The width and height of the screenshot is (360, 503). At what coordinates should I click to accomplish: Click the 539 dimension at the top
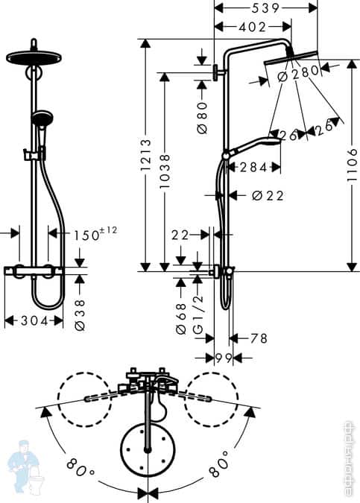pos(266,7)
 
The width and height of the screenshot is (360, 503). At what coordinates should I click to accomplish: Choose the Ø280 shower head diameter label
pos(297,74)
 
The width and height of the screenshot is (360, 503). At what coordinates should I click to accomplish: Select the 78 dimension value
pos(258,338)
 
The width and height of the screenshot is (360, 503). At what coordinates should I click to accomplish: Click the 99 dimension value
pos(223,358)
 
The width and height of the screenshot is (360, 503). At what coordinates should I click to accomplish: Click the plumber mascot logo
pos(21,466)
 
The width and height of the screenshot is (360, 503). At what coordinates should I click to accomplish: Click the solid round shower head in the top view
pos(149,449)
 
